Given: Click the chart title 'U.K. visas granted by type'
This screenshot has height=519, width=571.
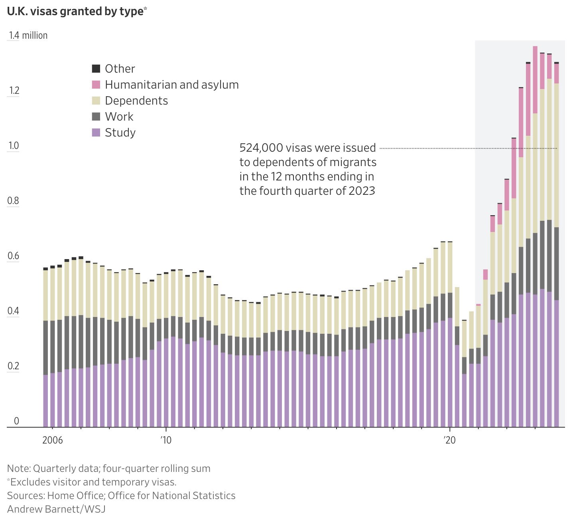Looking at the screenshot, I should coord(75,12).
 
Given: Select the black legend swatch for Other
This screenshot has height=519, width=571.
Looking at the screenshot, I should coord(96,69).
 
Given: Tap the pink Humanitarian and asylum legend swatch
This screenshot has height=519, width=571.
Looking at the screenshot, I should coord(96,85).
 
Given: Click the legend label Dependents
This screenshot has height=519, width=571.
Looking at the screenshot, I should coord(136,101).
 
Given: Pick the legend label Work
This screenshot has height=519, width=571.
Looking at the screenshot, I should coord(119,117).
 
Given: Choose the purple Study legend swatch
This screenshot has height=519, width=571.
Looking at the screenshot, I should coord(96,133).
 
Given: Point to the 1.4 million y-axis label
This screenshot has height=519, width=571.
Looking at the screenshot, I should coord(28,36).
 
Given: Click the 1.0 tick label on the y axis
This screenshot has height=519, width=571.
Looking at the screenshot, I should coord(14,146).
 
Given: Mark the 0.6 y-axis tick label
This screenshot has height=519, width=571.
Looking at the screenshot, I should coord(14,256).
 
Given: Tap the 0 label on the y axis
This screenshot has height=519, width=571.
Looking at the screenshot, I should coord(16,421).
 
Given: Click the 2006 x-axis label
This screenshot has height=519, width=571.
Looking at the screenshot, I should coord(53,440).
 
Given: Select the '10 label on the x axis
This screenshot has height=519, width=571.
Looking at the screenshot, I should coord(166,440).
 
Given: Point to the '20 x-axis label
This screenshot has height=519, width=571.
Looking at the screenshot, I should coord(450,440).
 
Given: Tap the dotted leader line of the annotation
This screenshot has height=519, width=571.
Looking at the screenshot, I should coord(439,148).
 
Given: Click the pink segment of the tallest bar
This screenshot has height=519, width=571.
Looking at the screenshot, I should coord(535,80).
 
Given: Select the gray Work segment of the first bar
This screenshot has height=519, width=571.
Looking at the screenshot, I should coord(45,347).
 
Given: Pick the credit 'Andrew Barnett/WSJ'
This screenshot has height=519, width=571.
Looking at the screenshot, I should coord(56,509).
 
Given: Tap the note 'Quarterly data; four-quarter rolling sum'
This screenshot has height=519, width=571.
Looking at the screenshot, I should coord(122,468).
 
